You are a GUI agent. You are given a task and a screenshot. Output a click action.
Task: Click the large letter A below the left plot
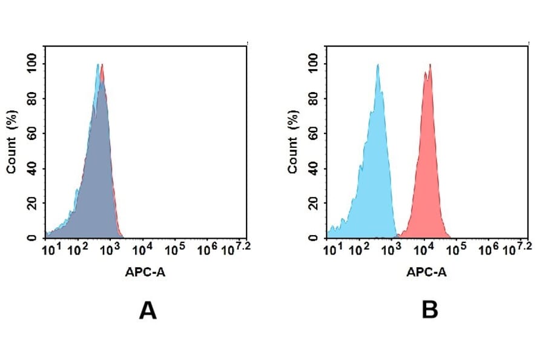pos(148,310)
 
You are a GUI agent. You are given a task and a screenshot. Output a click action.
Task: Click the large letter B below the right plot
pos(430,310)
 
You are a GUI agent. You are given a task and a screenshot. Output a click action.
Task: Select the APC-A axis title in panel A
pos(145,273)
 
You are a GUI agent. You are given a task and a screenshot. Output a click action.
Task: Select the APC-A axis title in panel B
pos(426,273)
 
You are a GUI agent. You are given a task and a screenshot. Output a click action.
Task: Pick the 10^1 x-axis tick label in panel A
pos(49,249)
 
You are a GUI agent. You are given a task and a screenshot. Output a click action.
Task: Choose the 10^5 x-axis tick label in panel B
pos(455,249)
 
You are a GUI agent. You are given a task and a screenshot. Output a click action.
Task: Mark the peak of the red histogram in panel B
pos(430,65)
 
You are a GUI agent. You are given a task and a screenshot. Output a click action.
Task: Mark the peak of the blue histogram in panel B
pos(377,65)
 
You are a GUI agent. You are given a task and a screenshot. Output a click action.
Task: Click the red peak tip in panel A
pos(102,65)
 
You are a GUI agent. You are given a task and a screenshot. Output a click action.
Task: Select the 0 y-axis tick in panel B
pos(314,237)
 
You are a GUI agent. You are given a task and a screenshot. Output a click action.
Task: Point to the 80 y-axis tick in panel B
pos(314,98)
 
